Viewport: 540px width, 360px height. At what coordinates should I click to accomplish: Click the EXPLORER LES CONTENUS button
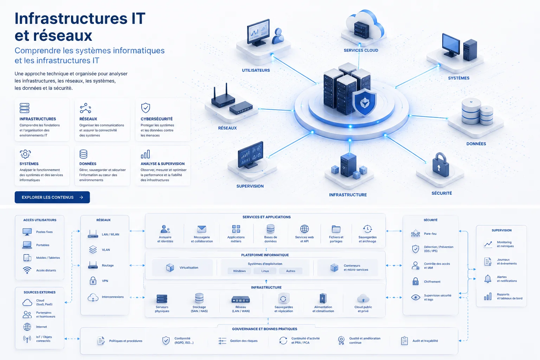[52, 197]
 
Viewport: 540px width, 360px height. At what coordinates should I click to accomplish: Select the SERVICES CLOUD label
[361, 50]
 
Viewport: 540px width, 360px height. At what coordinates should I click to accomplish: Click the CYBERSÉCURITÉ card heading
[157, 119]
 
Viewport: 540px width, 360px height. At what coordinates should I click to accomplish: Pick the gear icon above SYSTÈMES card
[25, 154]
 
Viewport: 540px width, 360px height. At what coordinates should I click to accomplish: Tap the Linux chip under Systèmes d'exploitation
[265, 271]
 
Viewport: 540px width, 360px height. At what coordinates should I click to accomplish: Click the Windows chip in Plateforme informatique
[239, 271]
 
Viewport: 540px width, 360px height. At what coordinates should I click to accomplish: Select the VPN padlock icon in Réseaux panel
[93, 281]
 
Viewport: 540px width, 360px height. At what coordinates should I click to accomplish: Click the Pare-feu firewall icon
[415, 233]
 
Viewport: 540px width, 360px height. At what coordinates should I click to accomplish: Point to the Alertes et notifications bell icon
[488, 279]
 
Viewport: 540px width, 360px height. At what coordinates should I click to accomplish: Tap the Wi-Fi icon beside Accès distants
[27, 270]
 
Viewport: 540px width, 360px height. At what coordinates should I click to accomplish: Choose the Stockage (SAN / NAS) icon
[199, 298]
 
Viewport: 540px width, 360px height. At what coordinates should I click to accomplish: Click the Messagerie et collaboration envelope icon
[202, 229]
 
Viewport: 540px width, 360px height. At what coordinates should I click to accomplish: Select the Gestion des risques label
[244, 341]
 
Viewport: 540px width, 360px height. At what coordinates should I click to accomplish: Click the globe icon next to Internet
[27, 327]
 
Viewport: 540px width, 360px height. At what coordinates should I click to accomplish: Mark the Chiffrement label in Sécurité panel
[432, 282]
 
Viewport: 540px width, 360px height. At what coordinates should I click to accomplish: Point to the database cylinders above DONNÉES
[477, 111]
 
